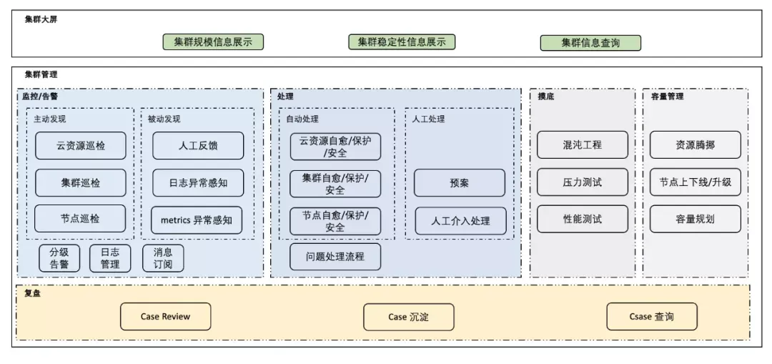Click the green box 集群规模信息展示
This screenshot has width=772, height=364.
click(x=213, y=42)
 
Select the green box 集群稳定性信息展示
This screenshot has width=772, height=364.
click(x=402, y=42)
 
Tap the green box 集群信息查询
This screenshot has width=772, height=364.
click(x=591, y=43)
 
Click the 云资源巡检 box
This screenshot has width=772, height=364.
click(x=80, y=145)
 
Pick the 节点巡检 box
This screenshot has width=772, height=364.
click(x=80, y=218)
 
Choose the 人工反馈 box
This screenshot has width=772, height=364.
click(x=198, y=145)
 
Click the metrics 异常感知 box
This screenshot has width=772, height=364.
click(x=197, y=220)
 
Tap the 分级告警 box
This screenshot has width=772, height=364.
click(x=59, y=258)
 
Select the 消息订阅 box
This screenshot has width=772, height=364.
click(x=163, y=258)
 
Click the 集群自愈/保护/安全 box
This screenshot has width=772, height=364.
click(x=335, y=183)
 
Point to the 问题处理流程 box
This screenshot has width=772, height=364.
click(x=335, y=257)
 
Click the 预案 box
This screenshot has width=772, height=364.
click(x=460, y=183)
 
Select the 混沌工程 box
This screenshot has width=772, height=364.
click(x=583, y=144)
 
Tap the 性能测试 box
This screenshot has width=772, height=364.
click(x=583, y=219)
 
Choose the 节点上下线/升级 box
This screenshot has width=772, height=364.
click(x=696, y=182)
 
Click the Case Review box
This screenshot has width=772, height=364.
click(x=165, y=316)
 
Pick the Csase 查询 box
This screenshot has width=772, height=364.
click(x=652, y=316)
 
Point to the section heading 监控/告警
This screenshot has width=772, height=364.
click(x=40, y=97)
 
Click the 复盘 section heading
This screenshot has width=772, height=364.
click(x=32, y=293)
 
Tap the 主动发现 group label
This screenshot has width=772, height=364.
click(x=50, y=119)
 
